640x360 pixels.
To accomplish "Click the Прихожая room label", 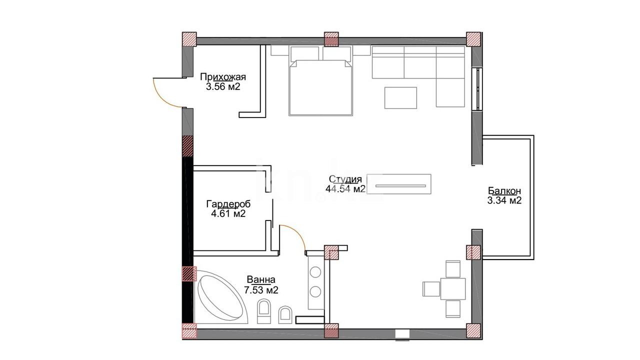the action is (x=223, y=77).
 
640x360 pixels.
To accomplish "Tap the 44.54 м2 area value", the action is (x=345, y=189).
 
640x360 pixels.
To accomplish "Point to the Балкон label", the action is (x=504, y=190).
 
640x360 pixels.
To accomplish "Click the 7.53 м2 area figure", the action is (x=261, y=290).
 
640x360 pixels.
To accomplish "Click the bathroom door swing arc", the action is (x=295, y=235).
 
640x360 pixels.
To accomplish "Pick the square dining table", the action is (x=453, y=288).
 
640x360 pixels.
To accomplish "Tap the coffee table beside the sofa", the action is (x=400, y=98).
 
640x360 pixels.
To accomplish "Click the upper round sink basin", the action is (x=315, y=272).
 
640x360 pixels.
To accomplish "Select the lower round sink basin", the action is (x=315, y=291).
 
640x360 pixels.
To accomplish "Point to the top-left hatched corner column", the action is (x=189, y=39).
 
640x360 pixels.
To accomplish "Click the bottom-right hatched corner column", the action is (x=473, y=330).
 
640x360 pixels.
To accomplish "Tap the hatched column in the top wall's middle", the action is (x=331, y=39).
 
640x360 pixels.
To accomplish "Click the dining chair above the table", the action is (x=453, y=269).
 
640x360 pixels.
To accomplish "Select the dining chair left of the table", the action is (x=431, y=289).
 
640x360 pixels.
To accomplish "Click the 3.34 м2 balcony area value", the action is (x=504, y=200).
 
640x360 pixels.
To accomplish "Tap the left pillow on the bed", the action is (x=304, y=53).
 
